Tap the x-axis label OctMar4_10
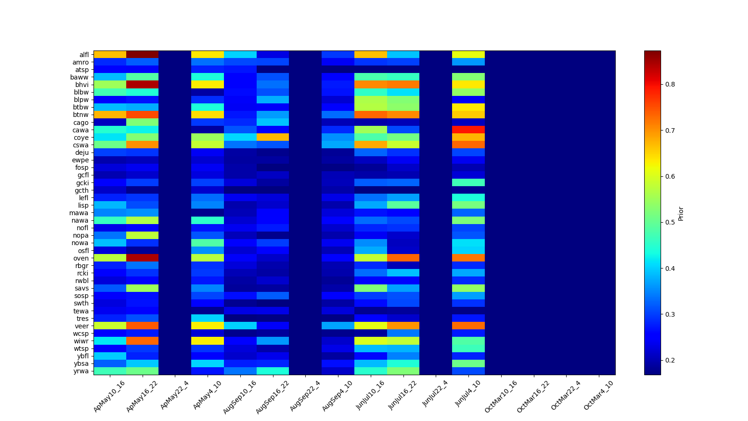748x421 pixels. tap(599, 396)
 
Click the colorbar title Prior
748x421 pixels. tap(681, 213)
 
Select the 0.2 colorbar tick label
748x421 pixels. tap(670, 360)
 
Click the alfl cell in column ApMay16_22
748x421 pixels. tap(143, 55)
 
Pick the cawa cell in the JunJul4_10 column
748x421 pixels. tap(468, 130)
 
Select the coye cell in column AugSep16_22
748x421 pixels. tap(273, 138)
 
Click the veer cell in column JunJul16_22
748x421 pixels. tap(403, 326)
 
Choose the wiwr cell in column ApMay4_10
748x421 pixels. tap(208, 341)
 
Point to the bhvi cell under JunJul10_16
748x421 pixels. tap(371, 85)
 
